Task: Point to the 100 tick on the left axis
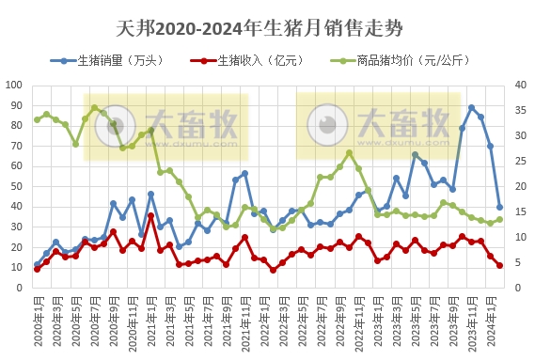[14, 85]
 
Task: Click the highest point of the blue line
[471, 107]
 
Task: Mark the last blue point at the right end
[499, 207]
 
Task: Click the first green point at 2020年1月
[38, 119]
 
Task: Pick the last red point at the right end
[499, 265]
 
